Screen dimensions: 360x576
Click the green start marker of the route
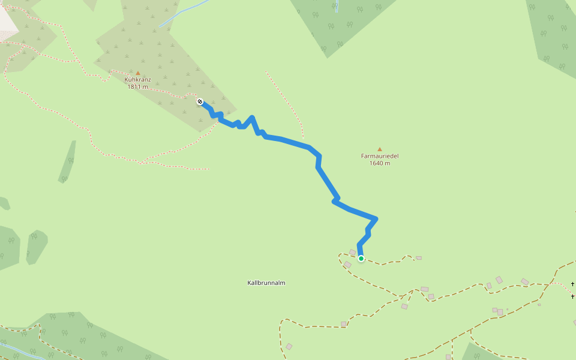pos(361,259)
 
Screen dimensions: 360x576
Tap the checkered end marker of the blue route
pos(200,101)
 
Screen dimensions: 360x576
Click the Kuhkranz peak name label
pos(137,79)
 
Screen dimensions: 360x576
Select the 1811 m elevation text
pos(137,87)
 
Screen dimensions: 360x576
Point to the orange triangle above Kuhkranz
pos(137,73)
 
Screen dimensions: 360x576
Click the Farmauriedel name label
pos(379,156)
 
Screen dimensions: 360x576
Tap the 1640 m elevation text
pos(379,163)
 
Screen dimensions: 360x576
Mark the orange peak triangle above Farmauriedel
pos(379,149)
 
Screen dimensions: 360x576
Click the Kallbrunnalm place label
pos(266,283)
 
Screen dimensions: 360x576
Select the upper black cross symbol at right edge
pos(573,284)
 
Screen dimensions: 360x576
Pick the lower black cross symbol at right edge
pos(573,296)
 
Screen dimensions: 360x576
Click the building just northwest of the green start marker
pos(353,253)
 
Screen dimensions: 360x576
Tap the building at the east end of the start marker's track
pos(419,258)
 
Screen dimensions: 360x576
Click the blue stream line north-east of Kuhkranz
pos(183,14)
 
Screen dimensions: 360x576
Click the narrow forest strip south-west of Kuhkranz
pos(67,162)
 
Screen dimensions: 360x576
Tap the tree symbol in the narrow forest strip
pos(70,161)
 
